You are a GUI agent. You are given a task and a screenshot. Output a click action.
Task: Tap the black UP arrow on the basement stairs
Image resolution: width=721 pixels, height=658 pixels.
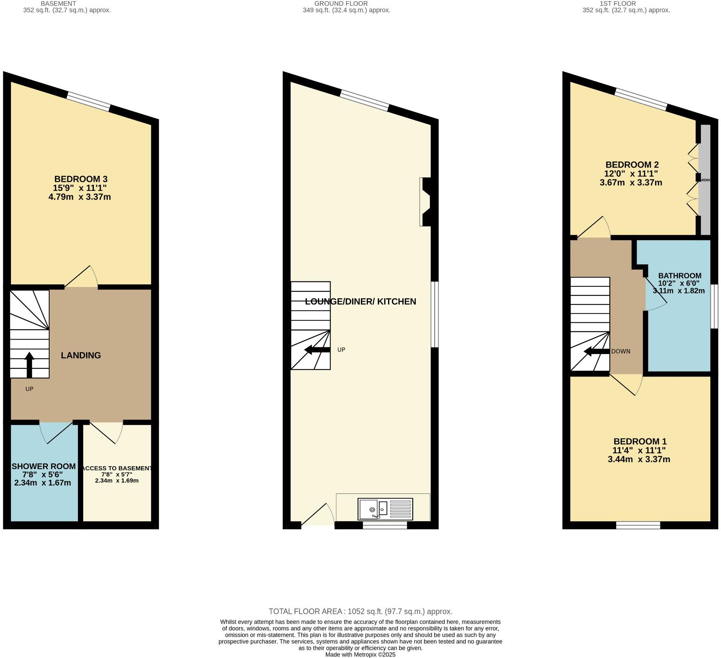click(x=29, y=364)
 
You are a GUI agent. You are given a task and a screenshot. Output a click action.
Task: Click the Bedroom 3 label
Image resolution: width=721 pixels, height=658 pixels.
click(x=81, y=179)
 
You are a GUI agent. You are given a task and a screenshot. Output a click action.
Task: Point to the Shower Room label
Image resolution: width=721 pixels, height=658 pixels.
click(x=43, y=466)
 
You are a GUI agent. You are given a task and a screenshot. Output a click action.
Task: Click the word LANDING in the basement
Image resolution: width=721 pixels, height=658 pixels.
click(x=81, y=355)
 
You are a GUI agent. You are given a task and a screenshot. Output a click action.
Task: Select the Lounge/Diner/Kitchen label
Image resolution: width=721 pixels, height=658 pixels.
click(x=360, y=302)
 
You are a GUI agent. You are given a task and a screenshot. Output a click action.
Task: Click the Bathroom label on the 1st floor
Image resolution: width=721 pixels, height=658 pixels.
click(x=680, y=276)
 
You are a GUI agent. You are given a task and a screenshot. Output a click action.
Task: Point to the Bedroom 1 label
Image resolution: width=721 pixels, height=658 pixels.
click(x=640, y=441)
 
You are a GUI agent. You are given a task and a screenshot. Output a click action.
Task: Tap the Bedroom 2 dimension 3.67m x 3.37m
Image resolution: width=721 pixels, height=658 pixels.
click(x=630, y=182)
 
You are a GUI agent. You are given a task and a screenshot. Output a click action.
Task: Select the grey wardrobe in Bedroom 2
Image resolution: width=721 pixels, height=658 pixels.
click(x=705, y=180)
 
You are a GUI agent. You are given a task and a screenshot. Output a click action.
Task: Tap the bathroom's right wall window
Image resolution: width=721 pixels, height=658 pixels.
click(x=714, y=306)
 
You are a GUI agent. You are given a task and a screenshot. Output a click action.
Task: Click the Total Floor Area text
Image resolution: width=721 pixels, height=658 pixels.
click(x=360, y=611)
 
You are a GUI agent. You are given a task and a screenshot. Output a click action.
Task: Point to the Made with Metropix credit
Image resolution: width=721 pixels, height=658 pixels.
click(x=360, y=654)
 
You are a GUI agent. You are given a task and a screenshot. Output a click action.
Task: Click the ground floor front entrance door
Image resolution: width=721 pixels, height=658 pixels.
click(x=318, y=515)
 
